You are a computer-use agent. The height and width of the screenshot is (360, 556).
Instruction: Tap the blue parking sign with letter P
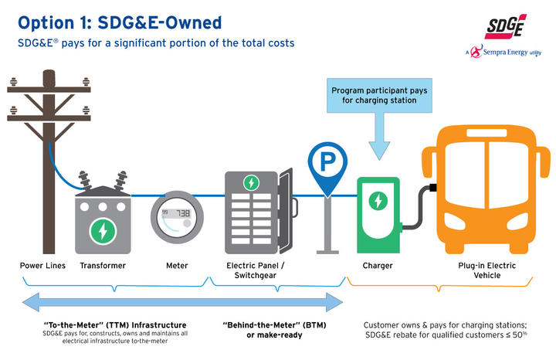coord(327,163)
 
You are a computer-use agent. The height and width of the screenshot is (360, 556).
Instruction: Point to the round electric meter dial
coord(177,216)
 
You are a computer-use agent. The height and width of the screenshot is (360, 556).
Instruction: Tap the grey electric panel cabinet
coord(253,212)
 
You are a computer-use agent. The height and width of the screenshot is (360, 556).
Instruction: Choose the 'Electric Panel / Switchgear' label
coord(252,271)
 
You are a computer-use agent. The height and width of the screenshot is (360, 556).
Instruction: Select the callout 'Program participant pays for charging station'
coord(378,96)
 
